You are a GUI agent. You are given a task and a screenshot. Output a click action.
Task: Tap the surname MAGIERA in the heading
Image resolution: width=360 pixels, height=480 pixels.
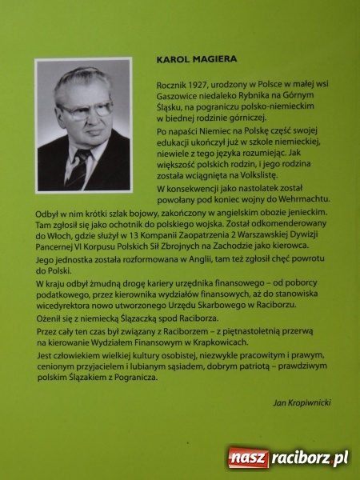point(206,59)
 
